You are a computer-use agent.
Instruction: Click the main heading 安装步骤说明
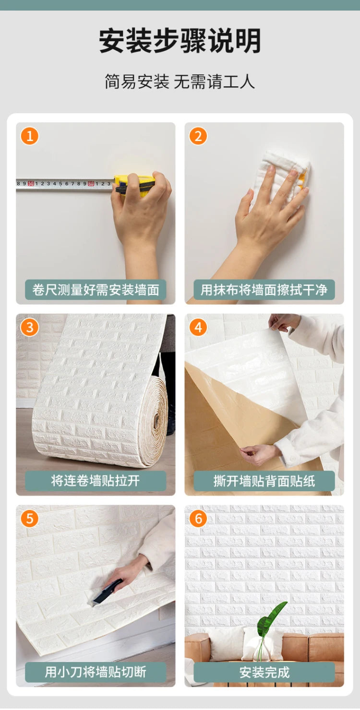click(180, 41)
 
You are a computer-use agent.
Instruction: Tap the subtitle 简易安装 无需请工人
click(180, 81)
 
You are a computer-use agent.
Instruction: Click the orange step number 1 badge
click(30, 136)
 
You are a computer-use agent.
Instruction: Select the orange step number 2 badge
click(198, 136)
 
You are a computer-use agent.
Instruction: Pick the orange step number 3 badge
click(30, 328)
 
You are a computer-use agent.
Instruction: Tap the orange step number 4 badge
click(198, 328)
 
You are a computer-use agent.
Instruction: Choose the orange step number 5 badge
click(30, 519)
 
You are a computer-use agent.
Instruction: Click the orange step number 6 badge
click(198, 519)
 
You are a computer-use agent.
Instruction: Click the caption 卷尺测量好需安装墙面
click(96, 290)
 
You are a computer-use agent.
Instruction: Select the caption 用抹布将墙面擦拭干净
click(264, 290)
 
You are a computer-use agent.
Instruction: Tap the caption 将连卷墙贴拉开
click(96, 481)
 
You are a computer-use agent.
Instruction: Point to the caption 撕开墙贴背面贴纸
click(264, 481)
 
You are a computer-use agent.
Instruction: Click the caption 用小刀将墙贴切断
click(96, 672)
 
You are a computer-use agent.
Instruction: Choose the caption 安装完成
click(264, 672)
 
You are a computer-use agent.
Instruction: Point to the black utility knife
click(107, 592)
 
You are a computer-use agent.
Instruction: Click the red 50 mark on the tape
click(31, 183)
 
